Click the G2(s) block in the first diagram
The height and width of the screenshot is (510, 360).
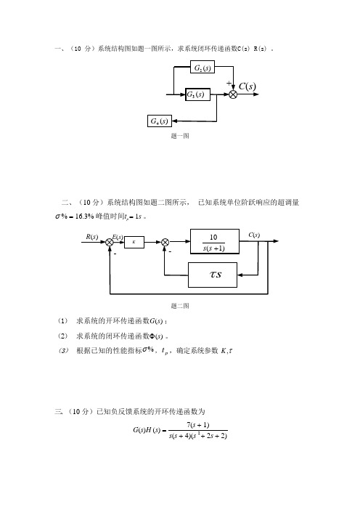202,67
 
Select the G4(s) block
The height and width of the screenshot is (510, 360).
159,121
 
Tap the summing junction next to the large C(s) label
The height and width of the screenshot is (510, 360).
233,94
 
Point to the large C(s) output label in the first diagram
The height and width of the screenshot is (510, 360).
247,86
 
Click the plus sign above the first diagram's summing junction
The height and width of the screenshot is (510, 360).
229,84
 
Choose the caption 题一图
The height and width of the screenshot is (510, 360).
180,136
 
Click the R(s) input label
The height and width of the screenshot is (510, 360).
92,236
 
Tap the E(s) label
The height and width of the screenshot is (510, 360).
118,237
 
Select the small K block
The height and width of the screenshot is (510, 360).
134,242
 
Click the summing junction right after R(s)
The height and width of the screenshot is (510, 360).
110,242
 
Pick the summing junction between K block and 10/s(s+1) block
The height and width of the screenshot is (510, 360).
165,242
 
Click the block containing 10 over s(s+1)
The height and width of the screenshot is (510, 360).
215,241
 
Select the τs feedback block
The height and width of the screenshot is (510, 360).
213,275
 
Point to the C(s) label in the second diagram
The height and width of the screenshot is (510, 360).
254,235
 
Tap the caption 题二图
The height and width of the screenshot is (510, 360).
180,306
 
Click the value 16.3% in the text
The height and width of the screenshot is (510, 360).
84,216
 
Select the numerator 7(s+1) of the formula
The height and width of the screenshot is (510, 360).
198,425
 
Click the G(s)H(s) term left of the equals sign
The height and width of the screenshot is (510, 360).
147,430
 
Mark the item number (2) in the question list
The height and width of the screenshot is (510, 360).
62,336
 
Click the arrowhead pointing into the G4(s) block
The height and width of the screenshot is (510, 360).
174,121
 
